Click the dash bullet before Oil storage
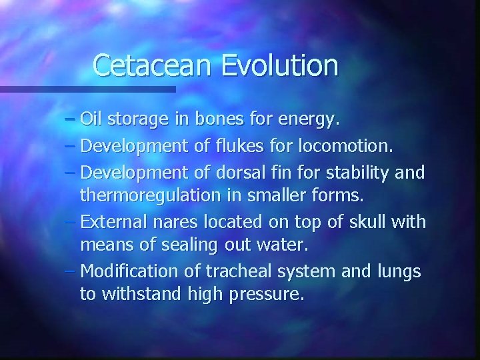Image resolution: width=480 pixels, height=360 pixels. [71, 121]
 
